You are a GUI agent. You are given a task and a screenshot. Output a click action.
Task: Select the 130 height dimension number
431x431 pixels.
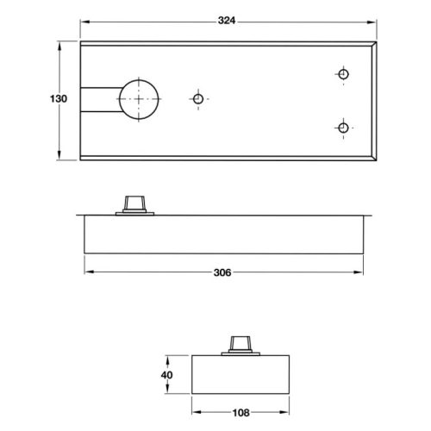pos(57,98)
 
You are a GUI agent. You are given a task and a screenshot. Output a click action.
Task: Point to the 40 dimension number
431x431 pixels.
pos(168,376)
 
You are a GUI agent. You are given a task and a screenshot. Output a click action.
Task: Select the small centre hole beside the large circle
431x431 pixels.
pos(198,99)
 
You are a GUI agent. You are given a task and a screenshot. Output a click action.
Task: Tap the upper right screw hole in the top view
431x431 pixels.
pos(343,75)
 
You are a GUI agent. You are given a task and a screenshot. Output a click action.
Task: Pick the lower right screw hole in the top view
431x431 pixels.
pos(343,128)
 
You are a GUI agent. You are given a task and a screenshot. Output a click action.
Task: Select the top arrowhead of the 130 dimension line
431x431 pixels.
pos(60,43)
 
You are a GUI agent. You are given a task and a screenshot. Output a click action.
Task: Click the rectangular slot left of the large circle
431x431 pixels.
pos(99,99)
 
